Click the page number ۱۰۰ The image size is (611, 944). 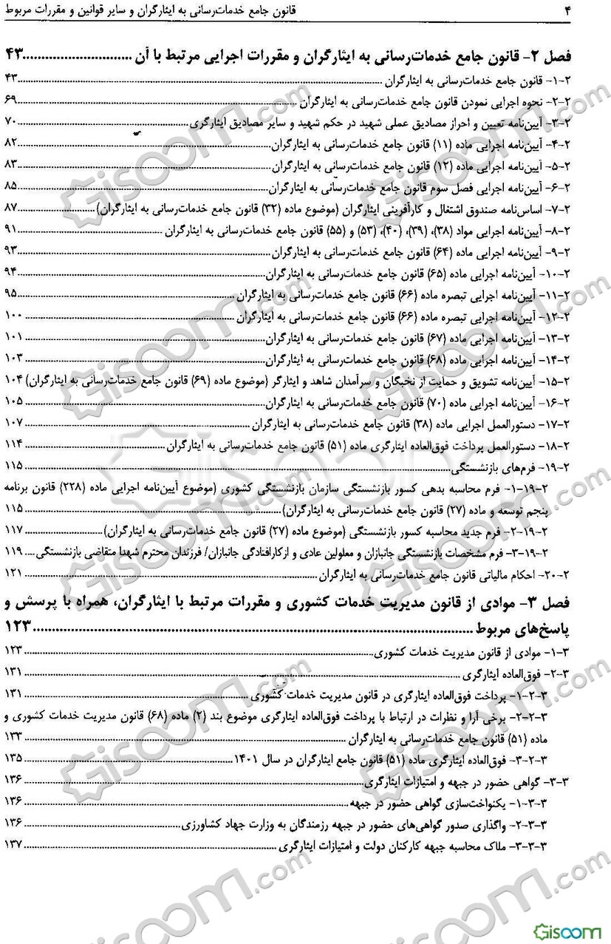(x=13, y=316)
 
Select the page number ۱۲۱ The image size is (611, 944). (x=13, y=573)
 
